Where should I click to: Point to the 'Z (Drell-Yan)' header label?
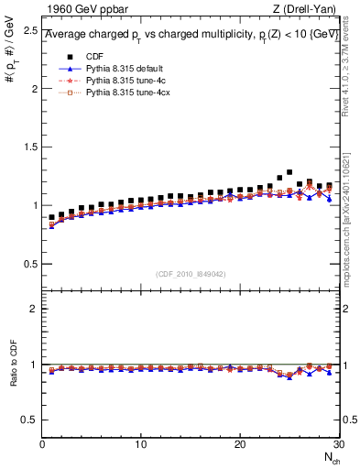307,10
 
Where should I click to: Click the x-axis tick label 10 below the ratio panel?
140,444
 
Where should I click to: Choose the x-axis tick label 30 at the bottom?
338,444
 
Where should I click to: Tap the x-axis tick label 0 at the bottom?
42,444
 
